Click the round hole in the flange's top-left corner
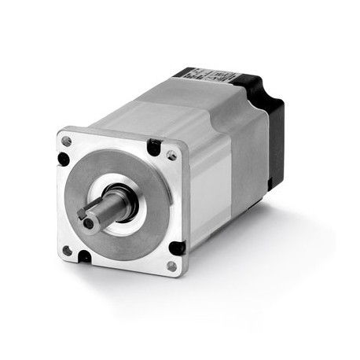[67, 141]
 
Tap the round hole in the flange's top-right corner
[171, 156]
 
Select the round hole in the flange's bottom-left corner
[67, 250]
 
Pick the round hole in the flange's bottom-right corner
[171, 266]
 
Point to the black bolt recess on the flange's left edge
[63, 158]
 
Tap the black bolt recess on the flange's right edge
[178, 248]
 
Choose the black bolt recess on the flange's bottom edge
[83, 256]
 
